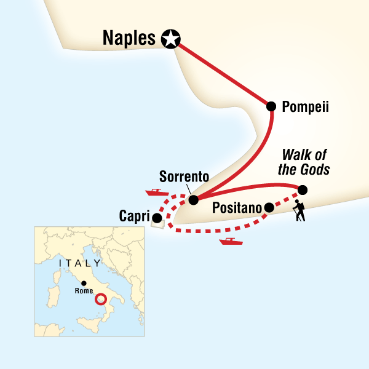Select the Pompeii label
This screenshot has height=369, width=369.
305,107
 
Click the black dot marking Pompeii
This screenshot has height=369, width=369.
271,106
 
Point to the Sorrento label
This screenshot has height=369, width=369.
184,177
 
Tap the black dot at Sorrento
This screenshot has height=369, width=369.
193,200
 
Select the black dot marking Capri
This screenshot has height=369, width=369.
157,218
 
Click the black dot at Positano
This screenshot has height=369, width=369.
269,208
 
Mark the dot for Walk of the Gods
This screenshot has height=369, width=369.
303,189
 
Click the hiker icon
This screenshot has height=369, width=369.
298,210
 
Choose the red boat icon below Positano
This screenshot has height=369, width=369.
231,241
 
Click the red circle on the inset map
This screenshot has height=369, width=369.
101,300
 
